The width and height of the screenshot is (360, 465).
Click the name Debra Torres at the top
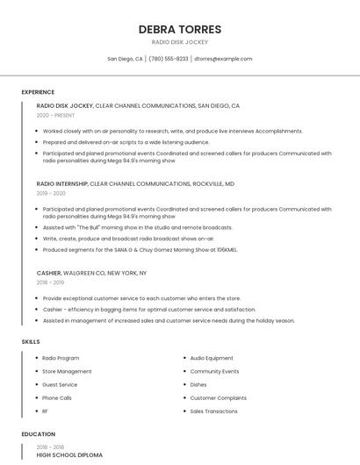179,29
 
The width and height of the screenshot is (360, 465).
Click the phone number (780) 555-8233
169,59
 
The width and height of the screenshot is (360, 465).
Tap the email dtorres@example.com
223,59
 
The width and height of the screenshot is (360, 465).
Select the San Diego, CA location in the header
125,59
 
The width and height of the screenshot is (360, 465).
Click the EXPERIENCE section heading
38,92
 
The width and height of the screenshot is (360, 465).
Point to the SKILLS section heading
31,341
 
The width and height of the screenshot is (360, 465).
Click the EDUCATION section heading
39,434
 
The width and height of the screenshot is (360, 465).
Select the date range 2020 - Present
55,115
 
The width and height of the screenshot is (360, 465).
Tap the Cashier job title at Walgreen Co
48,273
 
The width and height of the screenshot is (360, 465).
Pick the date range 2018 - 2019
50,283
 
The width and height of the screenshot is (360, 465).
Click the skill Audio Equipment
212,358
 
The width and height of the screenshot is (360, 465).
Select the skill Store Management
67,371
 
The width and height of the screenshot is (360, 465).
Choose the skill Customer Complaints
219,397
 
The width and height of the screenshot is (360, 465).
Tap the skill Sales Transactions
214,411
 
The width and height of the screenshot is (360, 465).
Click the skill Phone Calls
57,397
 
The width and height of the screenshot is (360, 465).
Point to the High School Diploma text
69,455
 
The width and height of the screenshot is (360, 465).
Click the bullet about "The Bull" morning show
137,227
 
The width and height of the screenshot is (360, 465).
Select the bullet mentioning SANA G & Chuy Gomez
140,249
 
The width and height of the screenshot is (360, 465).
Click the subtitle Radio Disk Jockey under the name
179,42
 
